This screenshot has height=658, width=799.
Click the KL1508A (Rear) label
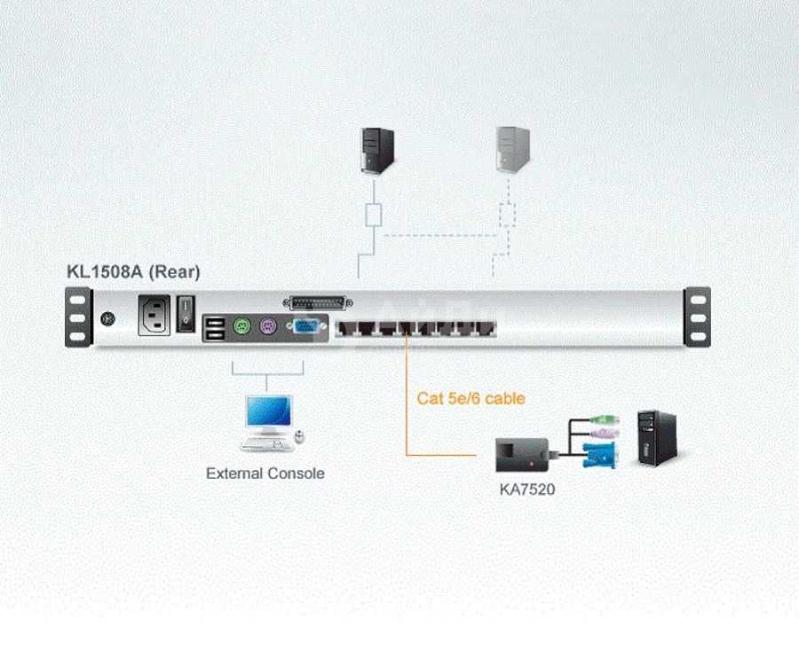(133, 272)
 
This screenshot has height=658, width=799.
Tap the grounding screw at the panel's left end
(109, 318)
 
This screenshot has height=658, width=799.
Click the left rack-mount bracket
(78, 316)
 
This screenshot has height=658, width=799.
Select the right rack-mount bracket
(698, 316)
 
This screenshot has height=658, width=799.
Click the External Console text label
(265, 474)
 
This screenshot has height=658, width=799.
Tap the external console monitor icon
(266, 415)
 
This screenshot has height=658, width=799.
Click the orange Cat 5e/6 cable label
(471, 398)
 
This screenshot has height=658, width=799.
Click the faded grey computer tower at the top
(512, 149)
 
